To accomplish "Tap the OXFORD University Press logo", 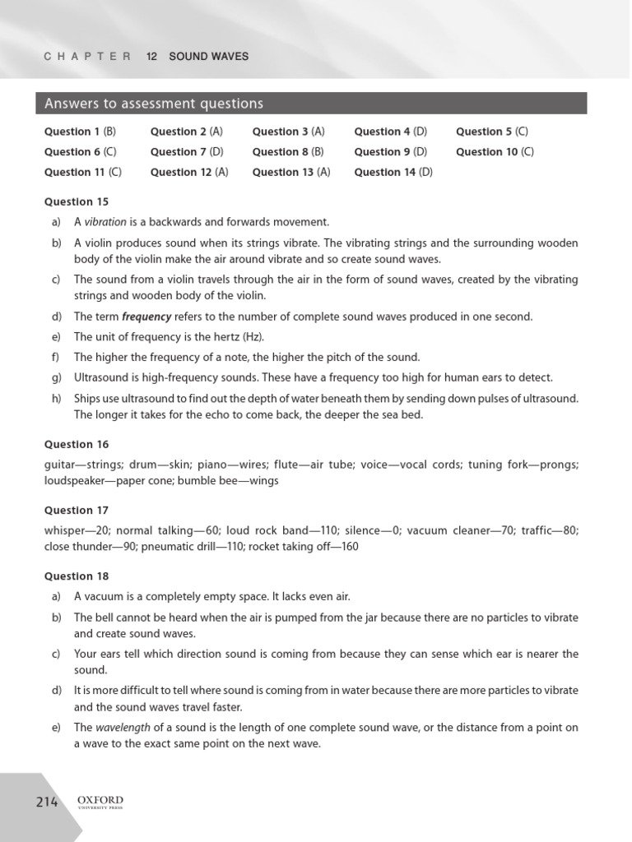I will coord(100,803).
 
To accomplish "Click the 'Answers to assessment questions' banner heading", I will coord(154,104).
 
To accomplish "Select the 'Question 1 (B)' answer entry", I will coord(81,132).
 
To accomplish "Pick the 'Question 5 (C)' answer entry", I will coord(492,132).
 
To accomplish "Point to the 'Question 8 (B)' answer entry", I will coord(288,152).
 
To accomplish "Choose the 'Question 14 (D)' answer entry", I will coord(393,172).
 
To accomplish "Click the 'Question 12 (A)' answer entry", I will coord(189,172).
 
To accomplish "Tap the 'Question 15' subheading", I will coord(76,201).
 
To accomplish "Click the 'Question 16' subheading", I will coord(76,444).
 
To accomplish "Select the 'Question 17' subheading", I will coord(76,510).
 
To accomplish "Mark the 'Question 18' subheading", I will coord(76,576).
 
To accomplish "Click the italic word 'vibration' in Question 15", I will coord(106,222).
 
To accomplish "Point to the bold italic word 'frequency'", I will coord(146,317).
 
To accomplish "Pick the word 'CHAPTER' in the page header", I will coord(87,57).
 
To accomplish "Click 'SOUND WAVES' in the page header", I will coord(208,57).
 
